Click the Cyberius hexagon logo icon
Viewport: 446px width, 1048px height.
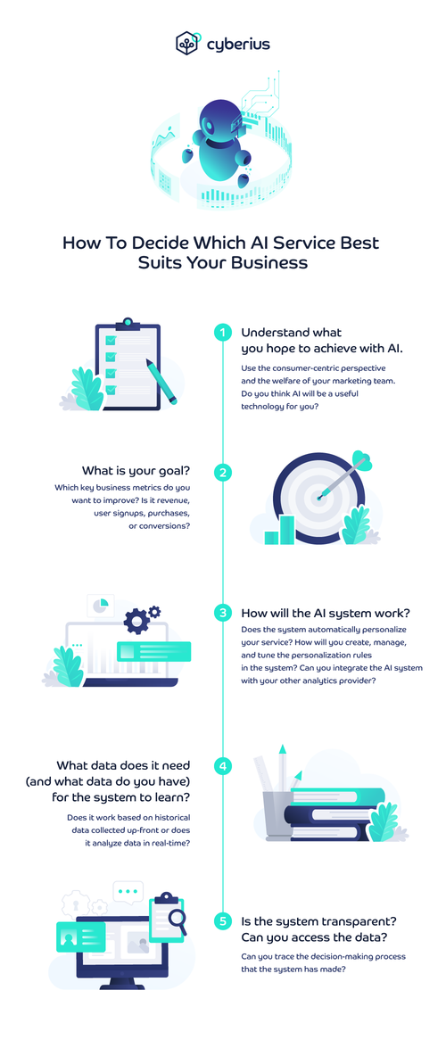(186, 44)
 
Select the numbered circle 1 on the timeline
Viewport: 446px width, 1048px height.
(223, 332)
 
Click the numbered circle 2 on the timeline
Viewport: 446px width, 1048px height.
(223, 473)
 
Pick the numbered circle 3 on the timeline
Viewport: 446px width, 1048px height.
(223, 613)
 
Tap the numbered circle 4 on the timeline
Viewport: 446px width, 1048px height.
(223, 766)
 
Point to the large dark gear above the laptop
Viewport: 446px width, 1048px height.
(136, 621)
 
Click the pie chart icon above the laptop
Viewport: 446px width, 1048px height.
(100, 604)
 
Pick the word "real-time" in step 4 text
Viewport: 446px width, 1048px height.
(172, 844)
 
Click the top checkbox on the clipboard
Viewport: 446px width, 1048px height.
(111, 340)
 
